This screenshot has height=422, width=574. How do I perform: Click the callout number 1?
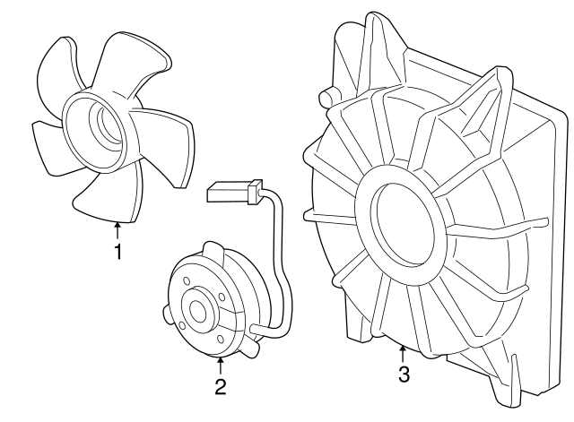click(x=117, y=252)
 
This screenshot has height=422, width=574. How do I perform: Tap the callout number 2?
click(x=221, y=387)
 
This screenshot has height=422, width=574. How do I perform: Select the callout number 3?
click(x=404, y=375)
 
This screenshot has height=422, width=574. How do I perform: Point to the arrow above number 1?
click(x=117, y=229)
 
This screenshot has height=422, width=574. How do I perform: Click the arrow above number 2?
click(x=221, y=366)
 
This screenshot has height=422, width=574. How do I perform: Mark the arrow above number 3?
click(x=403, y=354)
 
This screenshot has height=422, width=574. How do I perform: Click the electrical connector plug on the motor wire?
click(x=234, y=192)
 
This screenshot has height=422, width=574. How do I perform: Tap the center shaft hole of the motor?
click(x=198, y=312)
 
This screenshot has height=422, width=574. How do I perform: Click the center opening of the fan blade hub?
click(x=106, y=124)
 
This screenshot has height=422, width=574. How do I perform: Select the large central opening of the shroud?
click(x=403, y=224)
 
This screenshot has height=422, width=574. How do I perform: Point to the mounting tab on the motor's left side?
click(x=167, y=314)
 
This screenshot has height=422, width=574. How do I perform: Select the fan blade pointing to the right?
click(x=167, y=146)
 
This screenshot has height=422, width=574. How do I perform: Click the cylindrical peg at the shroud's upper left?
click(x=326, y=96)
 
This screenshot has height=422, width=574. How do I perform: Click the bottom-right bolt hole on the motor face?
click(x=221, y=340)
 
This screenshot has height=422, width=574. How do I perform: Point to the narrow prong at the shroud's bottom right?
click(x=515, y=375)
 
